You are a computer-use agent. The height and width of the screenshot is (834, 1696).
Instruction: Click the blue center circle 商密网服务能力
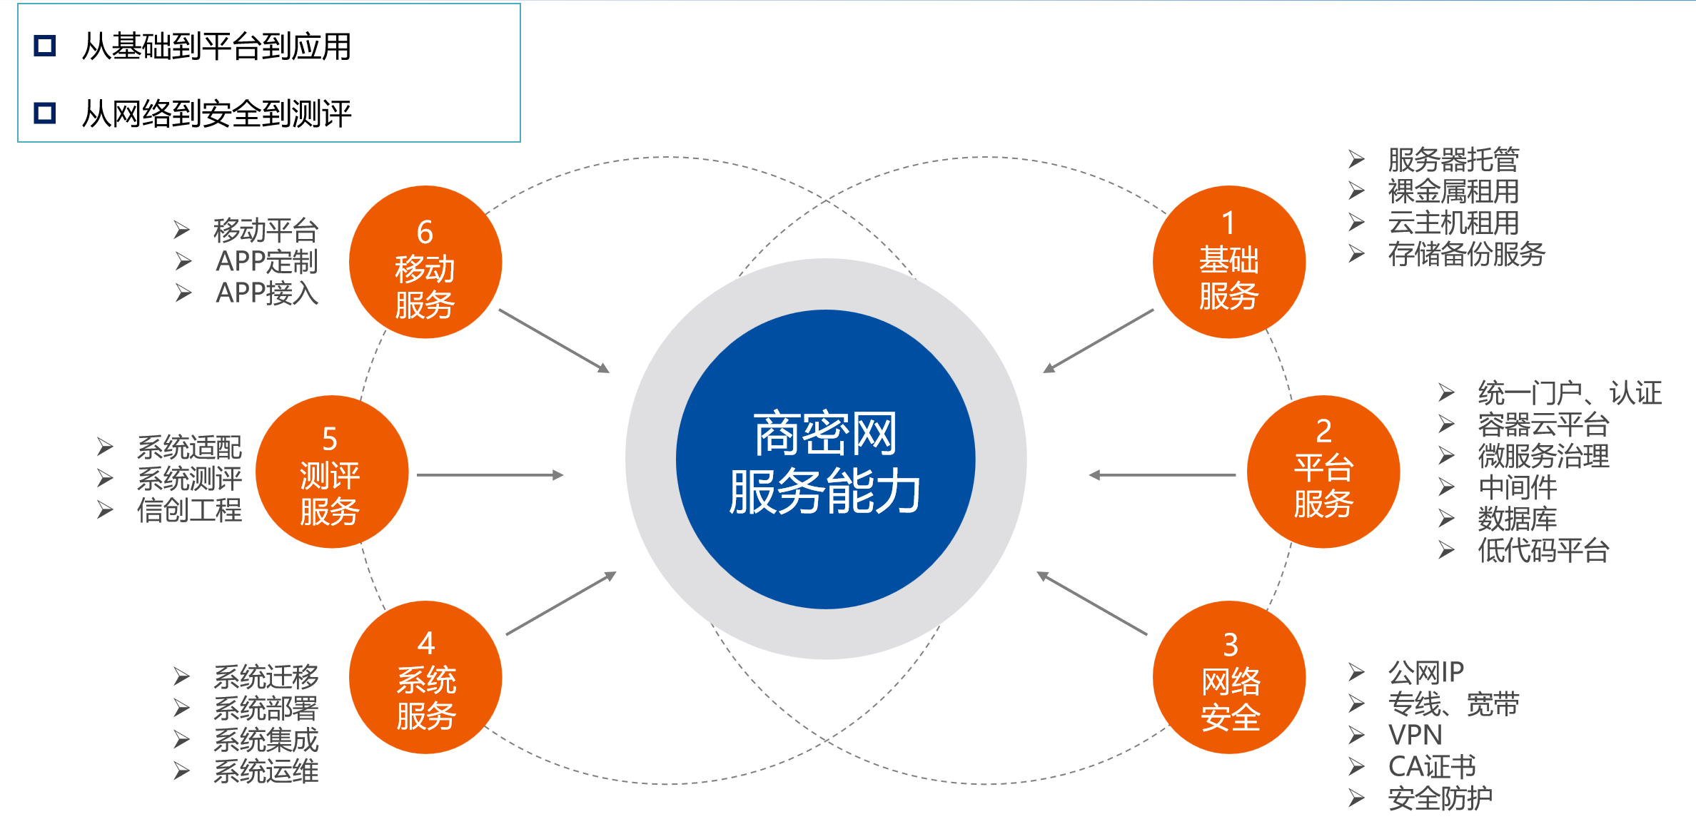tap(825, 460)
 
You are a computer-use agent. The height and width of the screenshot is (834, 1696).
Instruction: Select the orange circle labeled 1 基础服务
tap(1228, 263)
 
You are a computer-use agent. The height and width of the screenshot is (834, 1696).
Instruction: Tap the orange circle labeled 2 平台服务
tap(1323, 472)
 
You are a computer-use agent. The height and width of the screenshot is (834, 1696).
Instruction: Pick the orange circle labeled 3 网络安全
tap(1228, 677)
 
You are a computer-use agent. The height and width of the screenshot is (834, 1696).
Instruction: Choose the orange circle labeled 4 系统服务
tap(425, 677)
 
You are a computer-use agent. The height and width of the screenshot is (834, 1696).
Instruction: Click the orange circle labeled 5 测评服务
tap(332, 472)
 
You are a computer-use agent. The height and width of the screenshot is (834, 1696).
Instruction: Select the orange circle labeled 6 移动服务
tap(425, 263)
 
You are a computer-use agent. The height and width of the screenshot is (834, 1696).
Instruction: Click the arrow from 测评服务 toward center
tap(490, 475)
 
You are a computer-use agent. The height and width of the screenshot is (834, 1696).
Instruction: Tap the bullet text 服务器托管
tap(1453, 160)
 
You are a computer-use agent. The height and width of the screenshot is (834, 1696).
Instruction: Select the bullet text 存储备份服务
tap(1466, 254)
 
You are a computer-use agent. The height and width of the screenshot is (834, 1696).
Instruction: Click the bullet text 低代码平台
tap(1543, 550)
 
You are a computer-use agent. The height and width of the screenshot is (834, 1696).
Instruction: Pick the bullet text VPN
tap(1415, 735)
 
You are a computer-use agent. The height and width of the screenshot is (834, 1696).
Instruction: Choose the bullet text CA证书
tap(1431, 766)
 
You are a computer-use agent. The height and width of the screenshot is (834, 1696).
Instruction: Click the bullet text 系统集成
tap(266, 740)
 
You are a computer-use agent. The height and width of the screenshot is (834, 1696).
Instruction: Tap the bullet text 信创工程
tap(189, 510)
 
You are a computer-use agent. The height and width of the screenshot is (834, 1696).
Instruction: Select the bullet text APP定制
tap(266, 262)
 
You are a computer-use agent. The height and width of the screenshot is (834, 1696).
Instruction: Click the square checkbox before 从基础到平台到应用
tap(45, 46)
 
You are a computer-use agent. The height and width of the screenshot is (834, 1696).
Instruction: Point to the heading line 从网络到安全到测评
tap(216, 113)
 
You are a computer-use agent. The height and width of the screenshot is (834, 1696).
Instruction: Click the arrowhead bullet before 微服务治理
tap(1446, 456)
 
